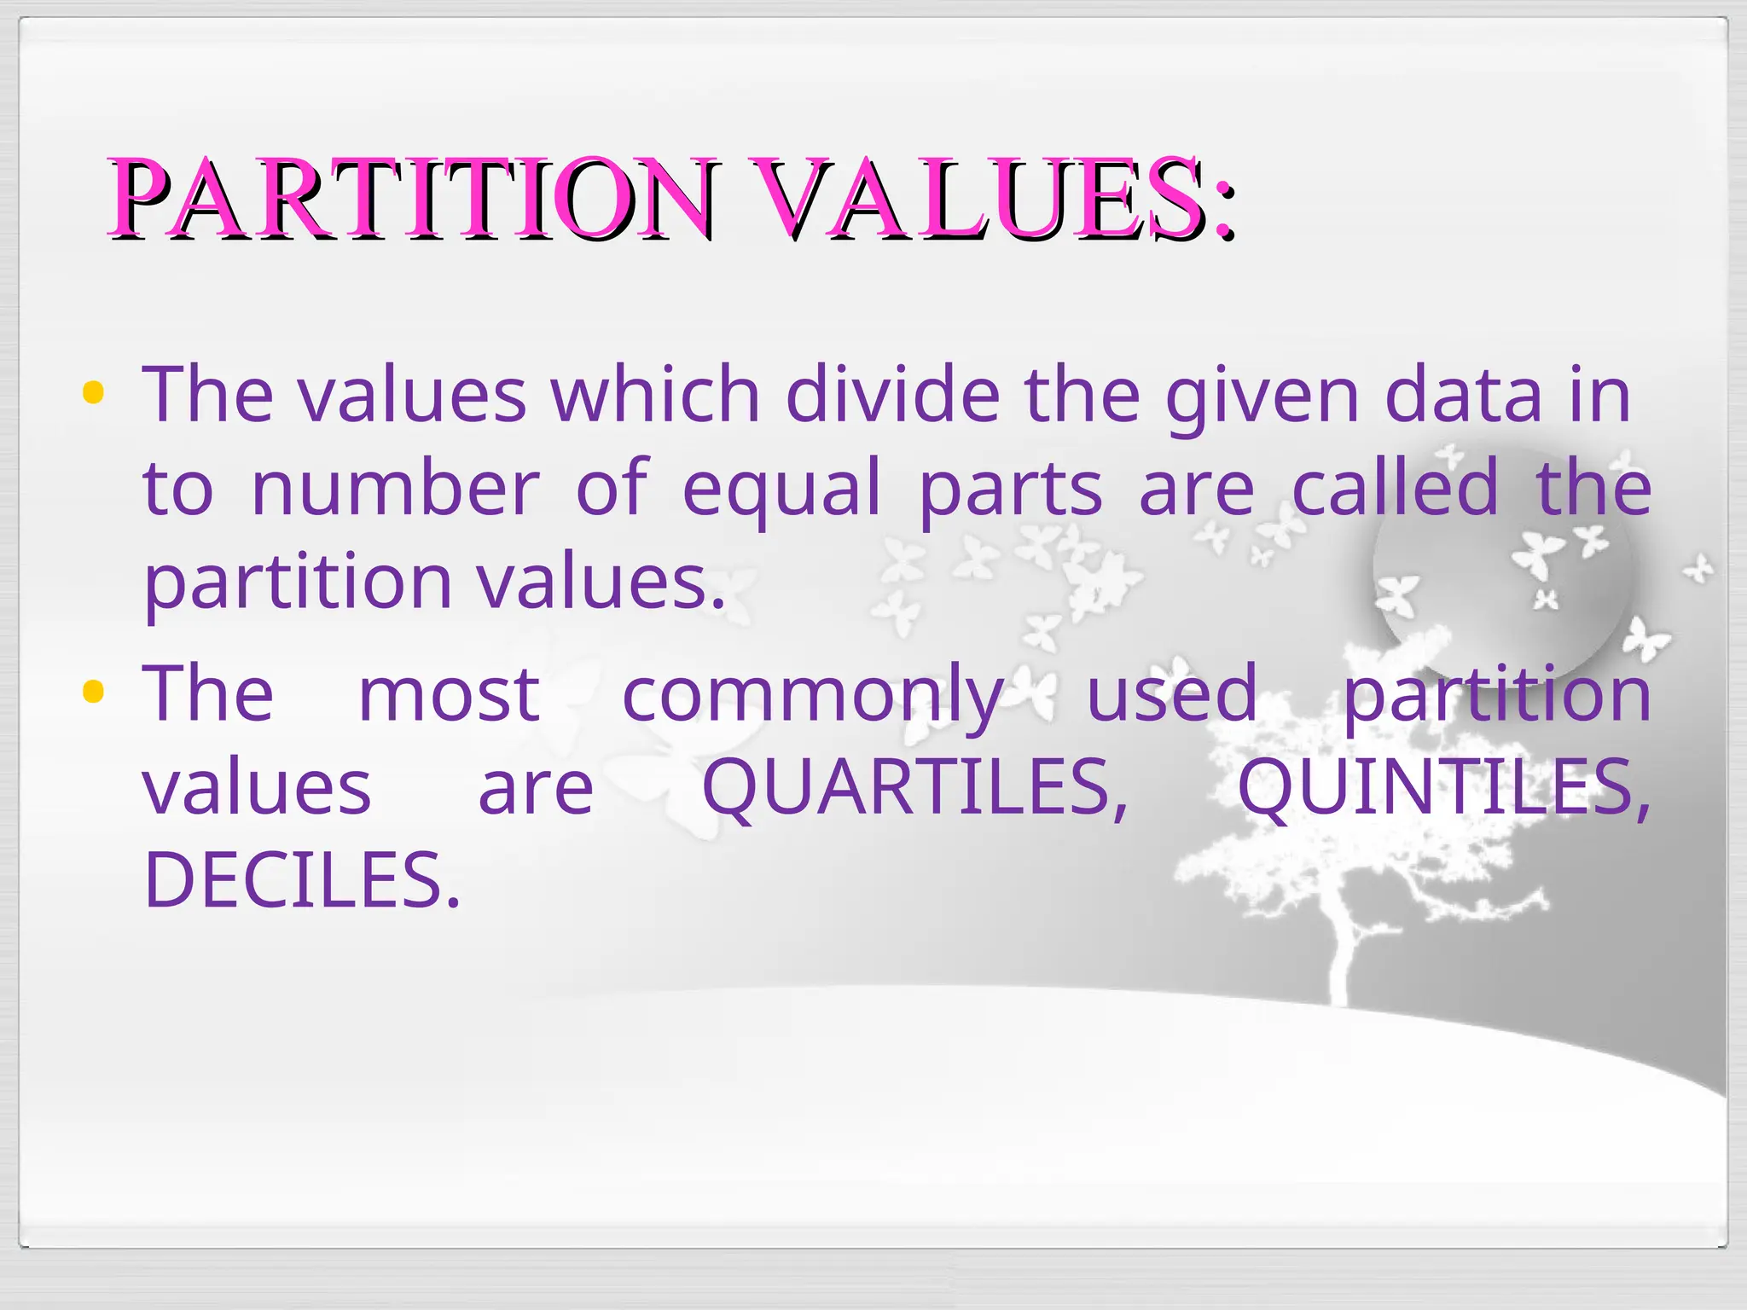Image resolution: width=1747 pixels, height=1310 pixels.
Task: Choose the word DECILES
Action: click(x=302, y=879)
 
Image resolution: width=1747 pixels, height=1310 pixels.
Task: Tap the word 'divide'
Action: click(x=892, y=394)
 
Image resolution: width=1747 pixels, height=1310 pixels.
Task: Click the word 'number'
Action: click(x=396, y=487)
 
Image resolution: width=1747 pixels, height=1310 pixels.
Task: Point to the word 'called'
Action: click(x=1395, y=487)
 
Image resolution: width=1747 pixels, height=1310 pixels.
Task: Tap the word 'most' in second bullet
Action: click(x=449, y=693)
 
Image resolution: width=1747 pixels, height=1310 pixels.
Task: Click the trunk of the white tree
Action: click(x=1342, y=955)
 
